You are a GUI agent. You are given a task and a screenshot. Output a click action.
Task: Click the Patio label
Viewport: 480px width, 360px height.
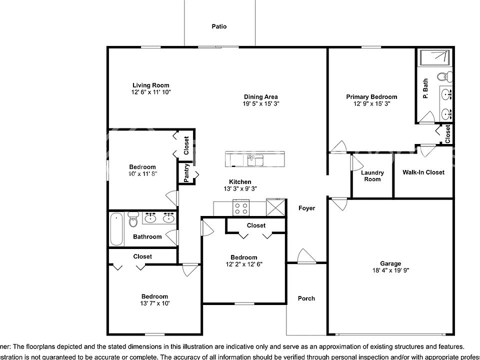pyautogui.click(x=219, y=26)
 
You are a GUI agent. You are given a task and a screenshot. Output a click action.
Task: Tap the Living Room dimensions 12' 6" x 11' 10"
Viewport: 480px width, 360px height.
pyautogui.click(x=150, y=92)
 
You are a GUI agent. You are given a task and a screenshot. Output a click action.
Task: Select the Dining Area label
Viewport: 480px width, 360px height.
pyautogui.click(x=261, y=97)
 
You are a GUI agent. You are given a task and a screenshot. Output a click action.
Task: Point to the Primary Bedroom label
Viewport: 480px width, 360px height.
pyautogui.click(x=372, y=97)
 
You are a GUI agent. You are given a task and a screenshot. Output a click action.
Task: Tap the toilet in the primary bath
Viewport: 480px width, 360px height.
pyautogui.click(x=443, y=77)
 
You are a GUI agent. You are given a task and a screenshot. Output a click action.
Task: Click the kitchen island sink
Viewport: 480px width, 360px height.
pyautogui.click(x=255, y=160)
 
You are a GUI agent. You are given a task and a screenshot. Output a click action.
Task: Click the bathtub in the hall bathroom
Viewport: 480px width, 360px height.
pyautogui.click(x=116, y=229)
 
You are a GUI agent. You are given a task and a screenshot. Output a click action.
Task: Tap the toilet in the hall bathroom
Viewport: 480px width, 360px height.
pyautogui.click(x=133, y=219)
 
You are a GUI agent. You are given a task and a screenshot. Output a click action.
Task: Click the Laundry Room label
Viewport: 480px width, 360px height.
pyautogui.click(x=372, y=176)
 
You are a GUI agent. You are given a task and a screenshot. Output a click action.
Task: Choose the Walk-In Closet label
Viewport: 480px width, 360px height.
pyautogui.click(x=423, y=172)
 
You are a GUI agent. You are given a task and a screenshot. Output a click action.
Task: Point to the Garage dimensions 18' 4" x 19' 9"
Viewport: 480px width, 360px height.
pyautogui.click(x=390, y=270)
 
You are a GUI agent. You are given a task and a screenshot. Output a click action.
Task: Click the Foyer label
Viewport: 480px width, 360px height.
pyautogui.click(x=307, y=208)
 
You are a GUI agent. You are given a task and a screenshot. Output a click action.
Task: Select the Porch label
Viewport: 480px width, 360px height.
pyautogui.click(x=306, y=298)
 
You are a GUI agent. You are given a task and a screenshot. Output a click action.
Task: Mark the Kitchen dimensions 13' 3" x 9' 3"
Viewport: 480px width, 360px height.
pyautogui.click(x=240, y=189)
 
